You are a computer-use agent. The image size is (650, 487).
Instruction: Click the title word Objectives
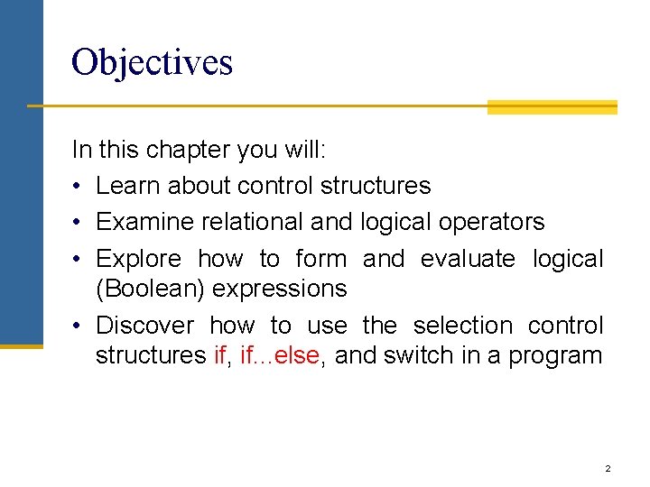152,62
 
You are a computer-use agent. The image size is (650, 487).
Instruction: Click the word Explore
138,259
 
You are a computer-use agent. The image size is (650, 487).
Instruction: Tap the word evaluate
468,259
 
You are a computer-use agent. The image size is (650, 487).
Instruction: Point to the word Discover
144,325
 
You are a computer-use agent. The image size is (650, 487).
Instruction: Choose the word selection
461,325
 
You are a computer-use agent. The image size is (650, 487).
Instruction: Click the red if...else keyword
280,355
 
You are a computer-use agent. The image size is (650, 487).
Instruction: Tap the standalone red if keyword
219,355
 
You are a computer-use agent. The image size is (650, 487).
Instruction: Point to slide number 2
608,469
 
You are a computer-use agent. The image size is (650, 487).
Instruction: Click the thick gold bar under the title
552,107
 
